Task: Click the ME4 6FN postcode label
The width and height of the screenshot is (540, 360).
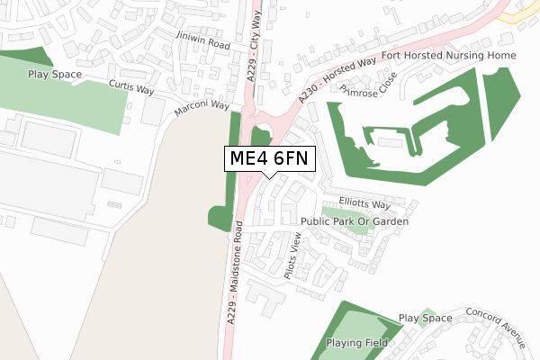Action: click(x=269, y=158)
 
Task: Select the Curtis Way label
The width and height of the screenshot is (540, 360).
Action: click(x=131, y=85)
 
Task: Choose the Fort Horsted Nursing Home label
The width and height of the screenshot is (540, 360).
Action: click(x=449, y=56)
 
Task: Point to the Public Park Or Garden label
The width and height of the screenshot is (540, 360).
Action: click(x=355, y=220)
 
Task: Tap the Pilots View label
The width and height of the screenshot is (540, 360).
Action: click(x=293, y=258)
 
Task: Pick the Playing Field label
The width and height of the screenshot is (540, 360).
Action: click(x=357, y=343)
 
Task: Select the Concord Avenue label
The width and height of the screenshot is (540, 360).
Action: click(x=495, y=327)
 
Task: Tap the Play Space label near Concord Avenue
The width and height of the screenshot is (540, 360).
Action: click(x=426, y=318)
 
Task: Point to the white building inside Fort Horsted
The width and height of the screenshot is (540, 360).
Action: click(x=389, y=142)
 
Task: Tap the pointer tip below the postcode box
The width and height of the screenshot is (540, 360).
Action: click(x=269, y=176)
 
